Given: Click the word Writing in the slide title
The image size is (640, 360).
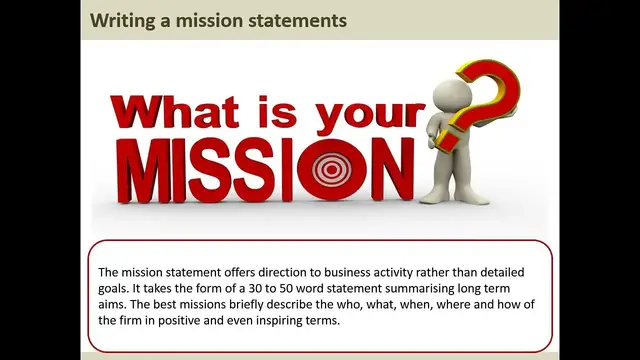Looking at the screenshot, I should pyautogui.click(x=121, y=20).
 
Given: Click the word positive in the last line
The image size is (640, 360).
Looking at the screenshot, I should pyautogui.click(x=199, y=320).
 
